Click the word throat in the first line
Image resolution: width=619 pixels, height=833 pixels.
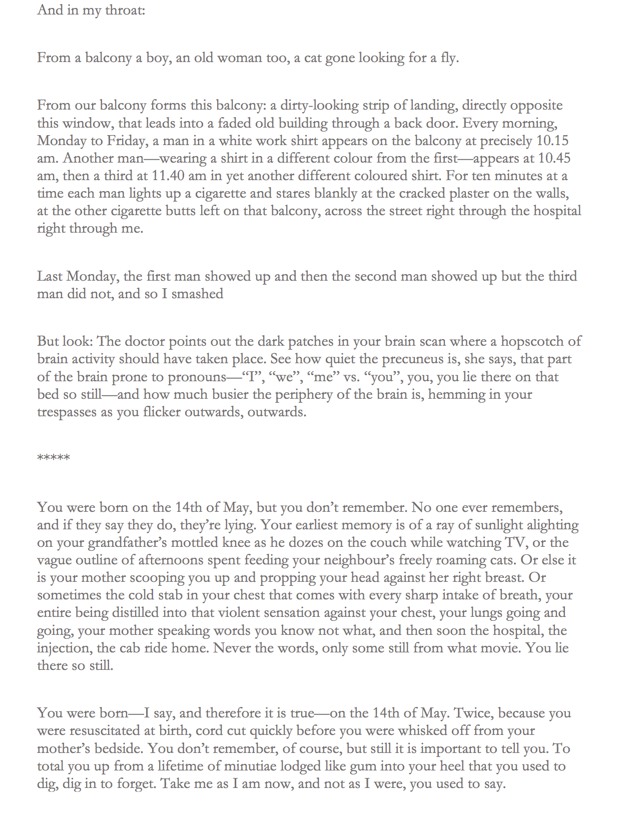(125, 10)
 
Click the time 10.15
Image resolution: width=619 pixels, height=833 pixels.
(552, 141)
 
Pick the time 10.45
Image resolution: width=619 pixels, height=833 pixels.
(554, 159)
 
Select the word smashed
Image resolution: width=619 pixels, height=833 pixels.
(197, 294)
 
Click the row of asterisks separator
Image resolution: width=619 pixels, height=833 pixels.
(54, 457)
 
